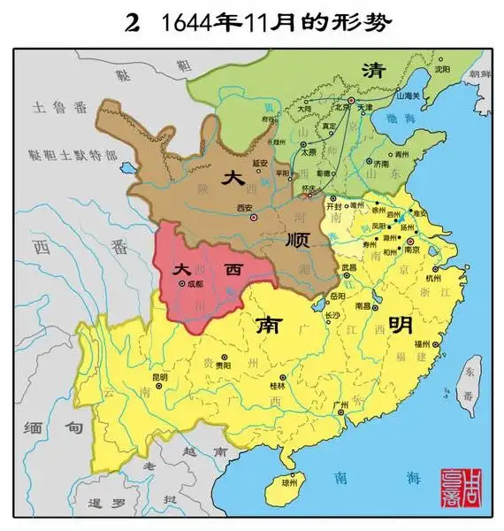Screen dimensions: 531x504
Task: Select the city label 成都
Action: coord(195,284)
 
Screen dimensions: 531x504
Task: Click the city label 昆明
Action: coord(159,377)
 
